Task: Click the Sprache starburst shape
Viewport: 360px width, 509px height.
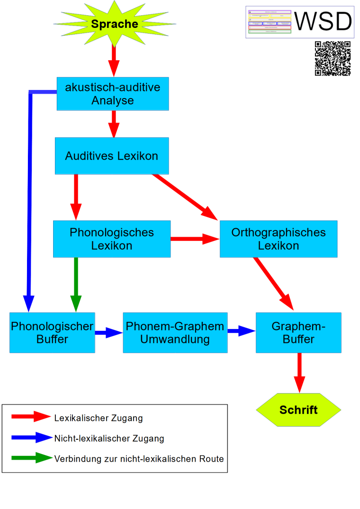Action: pyautogui.click(x=114, y=24)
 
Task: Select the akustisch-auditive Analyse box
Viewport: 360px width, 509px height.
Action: pyautogui.click(x=112, y=94)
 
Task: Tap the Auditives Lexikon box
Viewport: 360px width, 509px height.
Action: pyautogui.click(x=112, y=156)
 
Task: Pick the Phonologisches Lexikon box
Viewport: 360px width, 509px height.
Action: pyautogui.click(x=112, y=239)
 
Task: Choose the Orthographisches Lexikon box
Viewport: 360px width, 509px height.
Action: pyautogui.click(x=278, y=239)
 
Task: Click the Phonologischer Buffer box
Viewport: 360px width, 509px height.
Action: pyautogui.click(x=52, y=333)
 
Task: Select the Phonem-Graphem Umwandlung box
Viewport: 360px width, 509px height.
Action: pyautogui.click(x=175, y=333)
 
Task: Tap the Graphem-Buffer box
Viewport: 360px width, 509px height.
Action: pyautogui.click(x=298, y=333)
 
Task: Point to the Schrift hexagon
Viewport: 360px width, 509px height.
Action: pyautogui.click(x=298, y=410)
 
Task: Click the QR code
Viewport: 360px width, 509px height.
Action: pyautogui.click(x=333, y=59)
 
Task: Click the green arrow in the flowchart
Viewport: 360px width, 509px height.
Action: pyautogui.click(x=76, y=284)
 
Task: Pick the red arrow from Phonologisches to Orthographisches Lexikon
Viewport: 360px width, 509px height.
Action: pyautogui.click(x=194, y=239)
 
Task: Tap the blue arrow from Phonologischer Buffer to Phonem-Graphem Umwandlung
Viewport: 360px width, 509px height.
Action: pyautogui.click(x=108, y=333)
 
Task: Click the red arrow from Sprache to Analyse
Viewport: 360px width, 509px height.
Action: pyautogui.click(x=114, y=61)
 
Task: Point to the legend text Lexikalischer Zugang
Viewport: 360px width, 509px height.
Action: pyautogui.click(x=98, y=418)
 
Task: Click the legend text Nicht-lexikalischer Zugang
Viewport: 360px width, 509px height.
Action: pyautogui.click(x=109, y=438)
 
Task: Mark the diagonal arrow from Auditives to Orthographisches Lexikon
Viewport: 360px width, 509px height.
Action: pyautogui.click(x=184, y=197)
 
